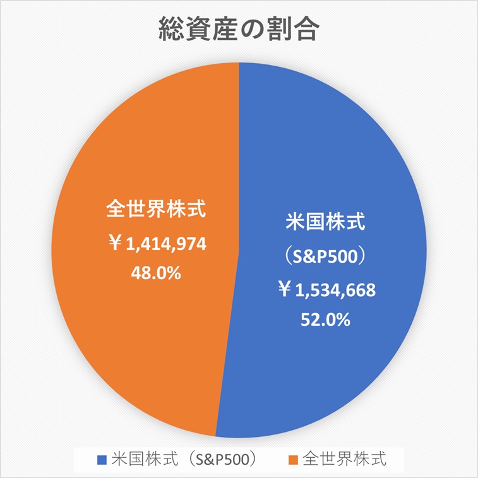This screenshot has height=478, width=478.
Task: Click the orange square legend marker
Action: coord(292,458)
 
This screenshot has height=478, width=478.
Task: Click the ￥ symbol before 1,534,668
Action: coord(285,291)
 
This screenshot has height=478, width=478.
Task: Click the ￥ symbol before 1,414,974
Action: coord(114,244)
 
